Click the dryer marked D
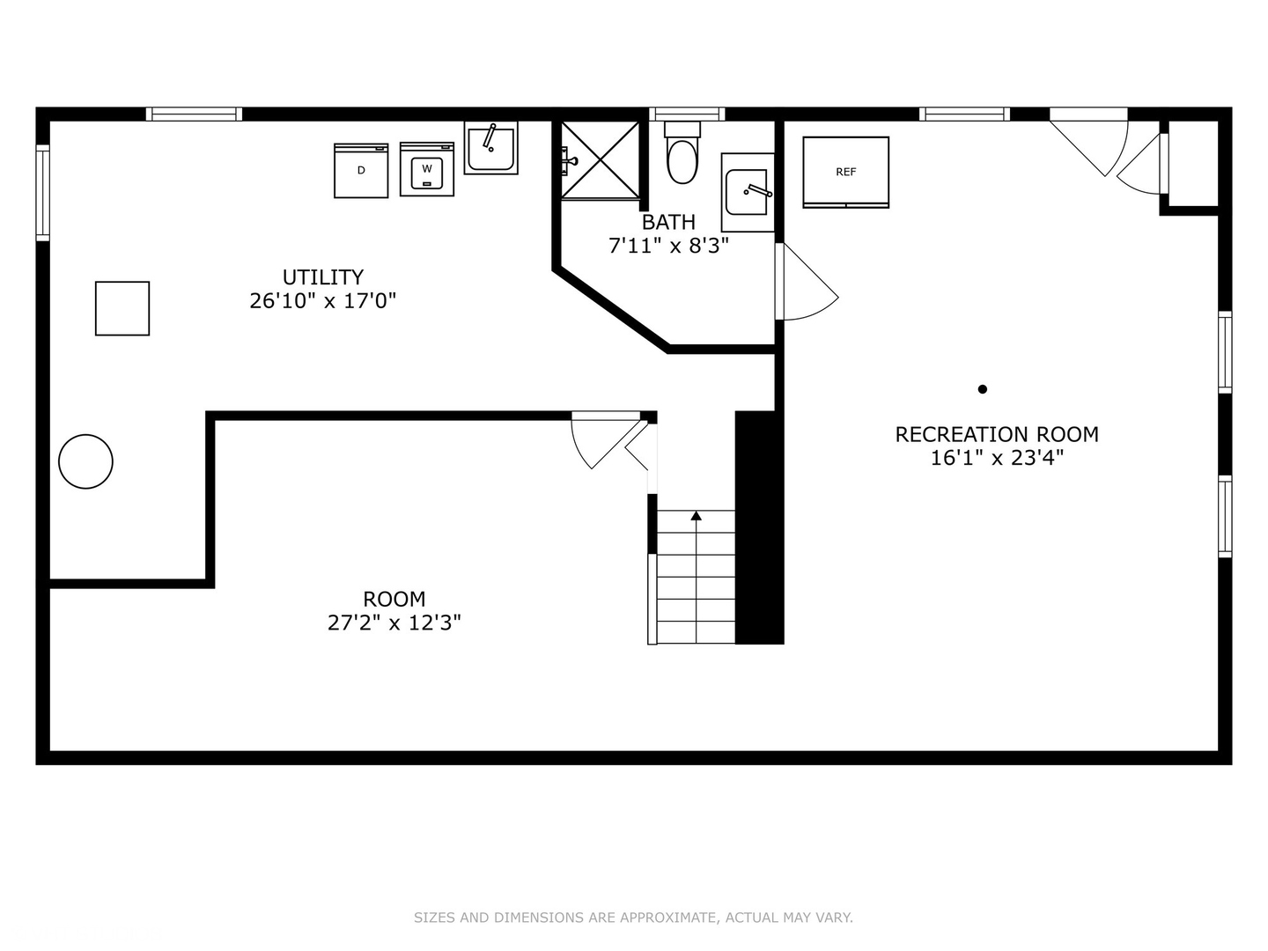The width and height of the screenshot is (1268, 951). (x=361, y=170)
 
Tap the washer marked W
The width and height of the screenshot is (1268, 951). (x=427, y=169)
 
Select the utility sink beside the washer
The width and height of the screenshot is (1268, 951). (x=491, y=148)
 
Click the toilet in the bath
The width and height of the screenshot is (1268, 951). (x=682, y=152)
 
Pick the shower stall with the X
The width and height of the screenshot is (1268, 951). (x=601, y=160)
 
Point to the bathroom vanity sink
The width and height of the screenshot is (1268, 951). (x=748, y=192)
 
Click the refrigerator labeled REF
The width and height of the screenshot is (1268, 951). (x=845, y=172)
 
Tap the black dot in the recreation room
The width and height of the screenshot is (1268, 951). (x=982, y=389)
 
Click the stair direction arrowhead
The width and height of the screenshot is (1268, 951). (x=697, y=516)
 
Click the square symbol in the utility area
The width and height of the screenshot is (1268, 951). (x=122, y=308)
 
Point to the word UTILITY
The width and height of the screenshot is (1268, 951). (x=323, y=277)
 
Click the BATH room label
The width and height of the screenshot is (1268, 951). (x=668, y=222)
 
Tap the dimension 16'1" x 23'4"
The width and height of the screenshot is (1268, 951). (x=997, y=459)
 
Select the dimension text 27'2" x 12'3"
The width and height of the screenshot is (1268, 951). (x=394, y=623)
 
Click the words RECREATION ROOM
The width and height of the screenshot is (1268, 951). (x=997, y=434)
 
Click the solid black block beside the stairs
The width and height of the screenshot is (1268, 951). (x=759, y=527)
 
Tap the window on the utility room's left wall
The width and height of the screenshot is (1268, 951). (x=43, y=192)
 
